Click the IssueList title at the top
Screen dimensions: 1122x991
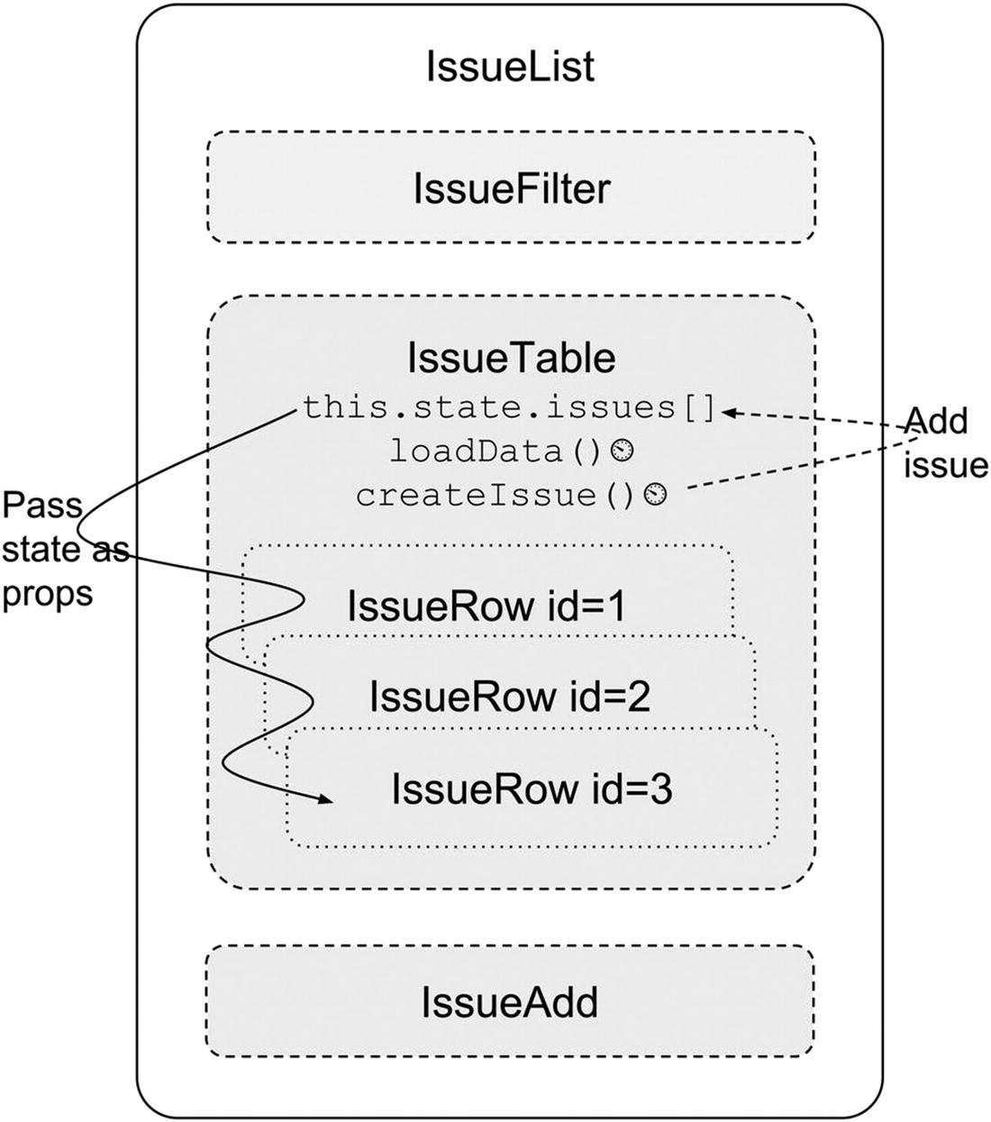(510, 68)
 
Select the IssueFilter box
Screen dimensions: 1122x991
(511, 188)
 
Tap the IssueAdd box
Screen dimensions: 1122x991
(510, 1001)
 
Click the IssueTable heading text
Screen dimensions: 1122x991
(511, 358)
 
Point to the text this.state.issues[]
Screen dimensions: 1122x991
(509, 408)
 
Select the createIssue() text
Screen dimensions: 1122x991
(495, 496)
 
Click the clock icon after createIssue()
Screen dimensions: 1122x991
(658, 495)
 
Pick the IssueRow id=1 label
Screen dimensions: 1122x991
(486, 607)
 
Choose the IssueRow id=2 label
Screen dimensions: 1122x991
(509, 697)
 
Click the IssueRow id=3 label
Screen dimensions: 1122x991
(532, 789)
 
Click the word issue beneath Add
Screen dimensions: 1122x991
(946, 465)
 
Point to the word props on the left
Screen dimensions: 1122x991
(47, 594)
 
